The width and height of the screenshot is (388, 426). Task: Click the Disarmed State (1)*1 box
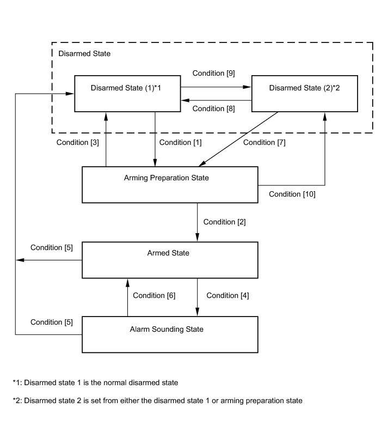[x=127, y=94]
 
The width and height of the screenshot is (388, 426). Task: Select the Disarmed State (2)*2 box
[x=305, y=94]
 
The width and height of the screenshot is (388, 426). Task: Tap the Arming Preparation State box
[x=170, y=185]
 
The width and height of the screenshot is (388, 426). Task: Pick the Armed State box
[x=170, y=260]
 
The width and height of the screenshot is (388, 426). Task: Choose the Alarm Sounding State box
[x=170, y=334]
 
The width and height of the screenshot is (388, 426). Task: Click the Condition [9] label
[x=213, y=74]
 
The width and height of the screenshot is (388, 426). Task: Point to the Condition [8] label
[x=213, y=108]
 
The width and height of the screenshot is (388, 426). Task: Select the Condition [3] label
[x=78, y=143]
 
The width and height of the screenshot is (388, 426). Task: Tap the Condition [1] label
[x=181, y=143]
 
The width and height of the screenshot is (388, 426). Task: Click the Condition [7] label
[x=264, y=143]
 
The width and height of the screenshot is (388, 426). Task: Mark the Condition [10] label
[x=292, y=194]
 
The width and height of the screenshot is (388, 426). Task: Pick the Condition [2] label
[x=224, y=222]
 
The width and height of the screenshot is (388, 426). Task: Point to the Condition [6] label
[x=154, y=296]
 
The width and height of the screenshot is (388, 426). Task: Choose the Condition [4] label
[x=227, y=296]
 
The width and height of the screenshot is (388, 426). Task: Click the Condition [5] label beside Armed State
[x=52, y=248]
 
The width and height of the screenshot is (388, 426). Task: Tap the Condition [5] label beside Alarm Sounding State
[x=52, y=322]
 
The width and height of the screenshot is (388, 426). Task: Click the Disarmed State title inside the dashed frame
[x=84, y=53]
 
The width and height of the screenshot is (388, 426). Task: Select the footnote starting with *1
[x=96, y=382]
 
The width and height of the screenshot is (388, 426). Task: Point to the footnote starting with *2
[x=158, y=400]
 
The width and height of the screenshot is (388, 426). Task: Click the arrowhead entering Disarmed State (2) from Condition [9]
[x=247, y=87]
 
